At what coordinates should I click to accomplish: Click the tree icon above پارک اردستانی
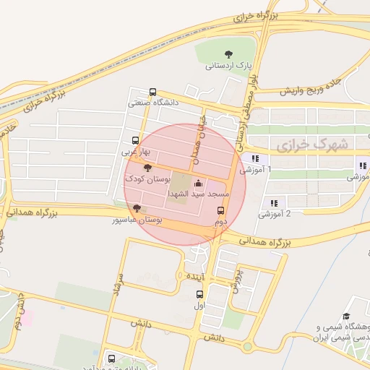pyautogui.click(x=229, y=54)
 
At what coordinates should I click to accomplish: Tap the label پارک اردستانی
pyautogui.click(x=230, y=66)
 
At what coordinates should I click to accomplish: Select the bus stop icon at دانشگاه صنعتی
pyautogui.click(x=152, y=92)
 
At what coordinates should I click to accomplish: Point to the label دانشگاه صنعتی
pyautogui.click(x=152, y=103)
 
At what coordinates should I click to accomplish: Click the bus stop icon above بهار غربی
pyautogui.click(x=135, y=141)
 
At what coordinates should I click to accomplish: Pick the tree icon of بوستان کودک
pyautogui.click(x=148, y=168)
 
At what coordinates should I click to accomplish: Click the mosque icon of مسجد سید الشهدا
pyautogui.click(x=199, y=184)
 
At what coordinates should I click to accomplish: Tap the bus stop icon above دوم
pyautogui.click(x=220, y=210)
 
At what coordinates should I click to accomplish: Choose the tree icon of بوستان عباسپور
pyautogui.click(x=137, y=208)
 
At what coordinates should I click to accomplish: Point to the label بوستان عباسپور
pyautogui.click(x=137, y=219)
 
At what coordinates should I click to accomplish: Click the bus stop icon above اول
pyautogui.click(x=200, y=294)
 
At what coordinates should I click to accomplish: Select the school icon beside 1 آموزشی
pyautogui.click(x=254, y=159)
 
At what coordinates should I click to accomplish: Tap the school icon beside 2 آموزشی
pyautogui.click(x=273, y=204)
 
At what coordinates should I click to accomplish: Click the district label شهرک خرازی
pyautogui.click(x=312, y=145)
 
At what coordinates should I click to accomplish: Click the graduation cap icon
pyautogui.click(x=346, y=317)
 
